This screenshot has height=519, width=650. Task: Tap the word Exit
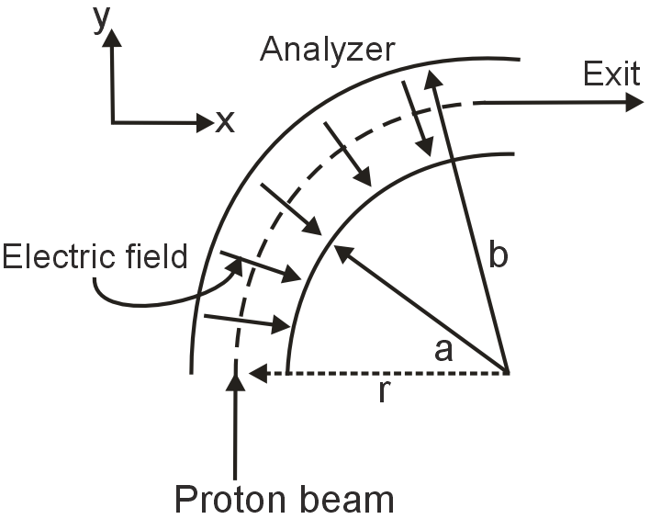coord(611,73)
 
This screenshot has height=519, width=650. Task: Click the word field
coord(155,256)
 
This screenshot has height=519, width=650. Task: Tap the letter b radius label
coord(497,255)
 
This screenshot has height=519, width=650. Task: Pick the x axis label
coord(224,121)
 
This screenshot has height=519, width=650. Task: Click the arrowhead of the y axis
coord(112,38)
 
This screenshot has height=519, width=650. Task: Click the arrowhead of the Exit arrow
coord(634,102)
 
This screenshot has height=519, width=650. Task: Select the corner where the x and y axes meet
coord(112,121)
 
